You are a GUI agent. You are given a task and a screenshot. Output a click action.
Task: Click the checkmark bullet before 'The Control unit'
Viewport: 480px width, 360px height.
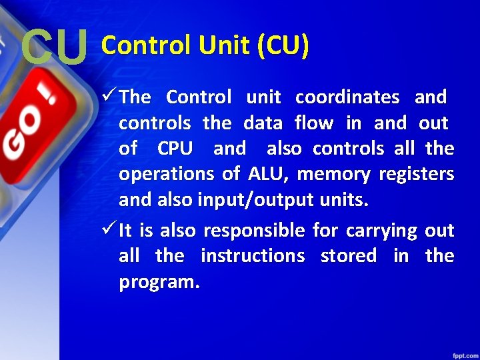[x=110, y=97]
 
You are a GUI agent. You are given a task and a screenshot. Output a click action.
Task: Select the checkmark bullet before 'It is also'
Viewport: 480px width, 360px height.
[x=110, y=231]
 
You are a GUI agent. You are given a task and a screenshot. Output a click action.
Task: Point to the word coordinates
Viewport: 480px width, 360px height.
[x=347, y=97]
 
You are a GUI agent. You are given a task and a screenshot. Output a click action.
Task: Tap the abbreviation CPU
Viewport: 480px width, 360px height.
[x=175, y=148]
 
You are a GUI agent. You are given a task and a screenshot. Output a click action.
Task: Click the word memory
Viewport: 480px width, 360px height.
[x=333, y=174]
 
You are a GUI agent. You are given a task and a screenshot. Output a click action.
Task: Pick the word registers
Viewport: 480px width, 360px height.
[x=417, y=174]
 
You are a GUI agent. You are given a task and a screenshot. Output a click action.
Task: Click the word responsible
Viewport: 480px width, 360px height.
[x=254, y=231]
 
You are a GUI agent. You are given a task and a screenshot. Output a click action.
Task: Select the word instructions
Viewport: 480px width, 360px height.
[x=253, y=256]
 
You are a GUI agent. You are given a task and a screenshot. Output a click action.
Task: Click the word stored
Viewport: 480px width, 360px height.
[x=349, y=256]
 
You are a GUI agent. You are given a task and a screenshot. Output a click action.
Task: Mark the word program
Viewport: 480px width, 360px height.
[x=159, y=283]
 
